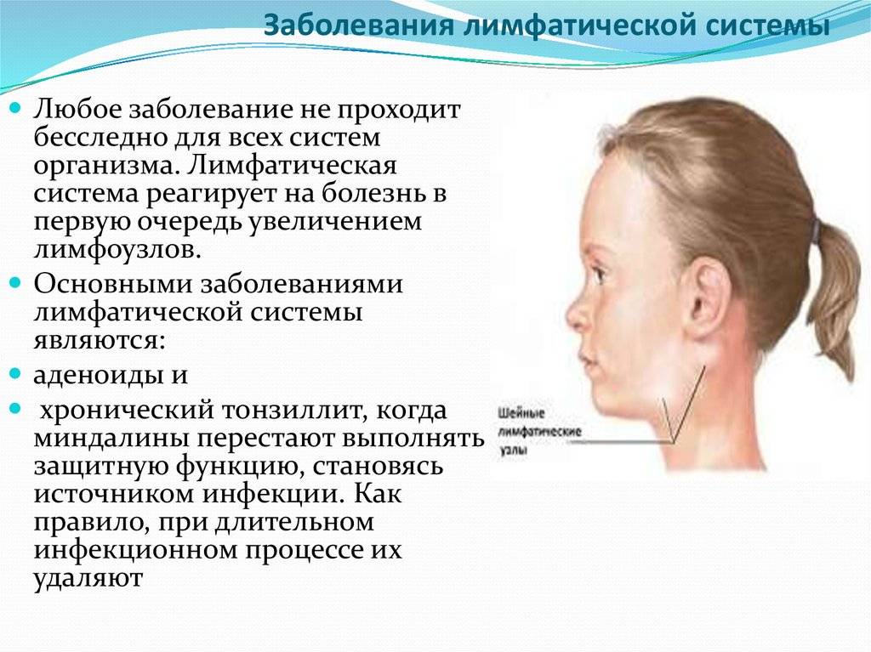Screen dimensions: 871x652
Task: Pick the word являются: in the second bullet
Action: click(100, 340)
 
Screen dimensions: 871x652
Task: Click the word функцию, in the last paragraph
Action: click(241, 467)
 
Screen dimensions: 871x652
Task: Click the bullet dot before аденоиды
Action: click(16, 372)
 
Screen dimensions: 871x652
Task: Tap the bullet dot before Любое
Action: click(16, 106)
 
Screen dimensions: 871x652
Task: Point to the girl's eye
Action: click(599, 272)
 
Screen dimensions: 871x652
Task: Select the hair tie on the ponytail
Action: click(817, 230)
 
